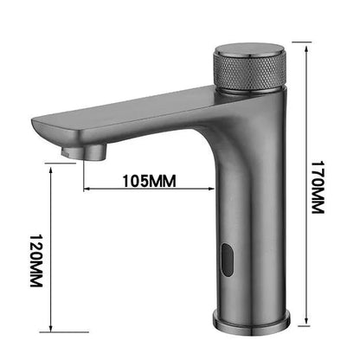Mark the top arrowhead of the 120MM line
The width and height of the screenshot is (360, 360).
pos(54,170)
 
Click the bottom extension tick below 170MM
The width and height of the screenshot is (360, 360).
pos(298,330)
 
